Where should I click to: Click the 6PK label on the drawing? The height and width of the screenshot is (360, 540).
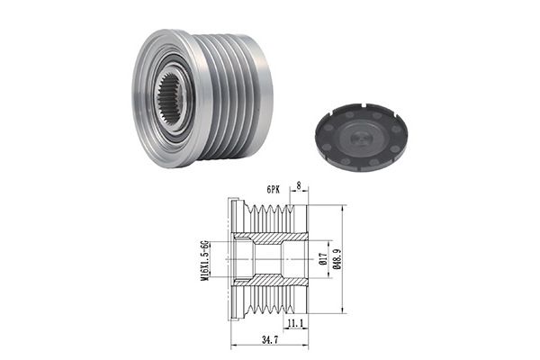coord(273,190)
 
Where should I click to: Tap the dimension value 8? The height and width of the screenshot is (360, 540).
coord(299,186)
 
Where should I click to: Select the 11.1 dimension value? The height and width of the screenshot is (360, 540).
coord(295,323)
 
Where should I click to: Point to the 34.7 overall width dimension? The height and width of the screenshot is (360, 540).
coord(270,341)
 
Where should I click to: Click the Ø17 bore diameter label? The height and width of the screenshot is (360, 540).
coord(323,258)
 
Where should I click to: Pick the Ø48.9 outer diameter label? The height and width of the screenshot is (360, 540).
coord(338,258)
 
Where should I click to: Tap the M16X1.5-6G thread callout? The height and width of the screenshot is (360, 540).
coord(205,260)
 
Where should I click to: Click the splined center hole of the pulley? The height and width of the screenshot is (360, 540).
coord(169,99)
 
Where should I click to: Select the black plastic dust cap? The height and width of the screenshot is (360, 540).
coord(361,137)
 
